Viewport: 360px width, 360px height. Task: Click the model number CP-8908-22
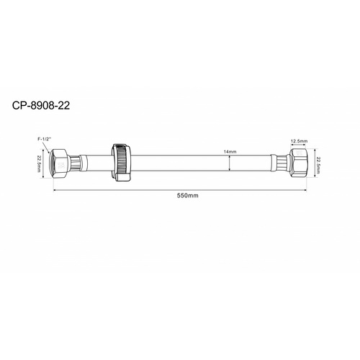[41, 105]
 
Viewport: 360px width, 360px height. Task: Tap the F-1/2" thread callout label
[43, 139]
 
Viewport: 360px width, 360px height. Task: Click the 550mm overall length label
[188, 196]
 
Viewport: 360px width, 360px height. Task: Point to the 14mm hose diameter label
[230, 152]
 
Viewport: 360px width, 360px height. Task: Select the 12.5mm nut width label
[299, 141]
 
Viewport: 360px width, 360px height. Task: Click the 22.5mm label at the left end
[39, 163]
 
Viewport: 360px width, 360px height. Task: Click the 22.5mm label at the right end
[318, 165]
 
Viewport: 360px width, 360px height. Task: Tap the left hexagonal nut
[59, 163]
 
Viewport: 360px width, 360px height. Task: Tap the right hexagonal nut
[298, 163]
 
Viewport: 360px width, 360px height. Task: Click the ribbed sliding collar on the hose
[122, 163]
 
